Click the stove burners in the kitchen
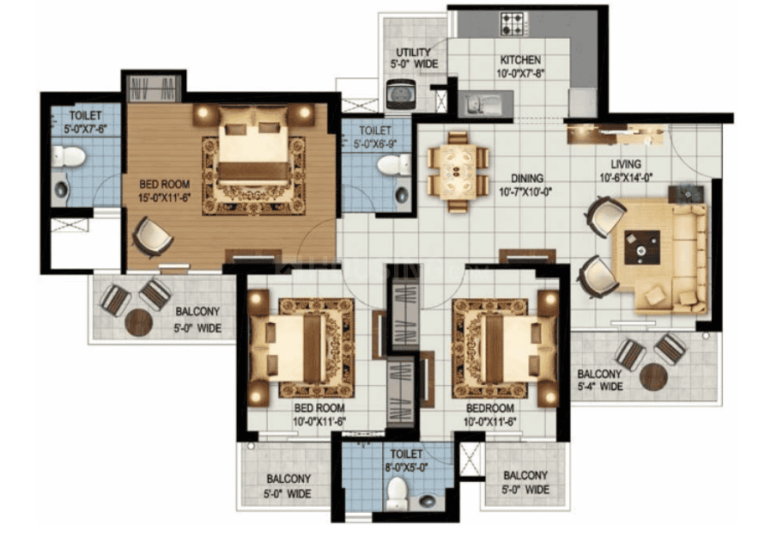tap(513, 24)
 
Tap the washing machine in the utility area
tap(401, 95)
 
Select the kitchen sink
tap(482, 103)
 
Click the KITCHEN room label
tap(520, 60)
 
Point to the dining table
tap(457, 171)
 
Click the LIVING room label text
tap(626, 164)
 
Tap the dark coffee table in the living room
tap(642, 247)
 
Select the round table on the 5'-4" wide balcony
tap(653, 376)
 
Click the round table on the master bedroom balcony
tap(139, 323)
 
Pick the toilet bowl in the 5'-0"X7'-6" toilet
tap(69, 157)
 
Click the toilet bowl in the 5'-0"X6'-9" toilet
tap(394, 165)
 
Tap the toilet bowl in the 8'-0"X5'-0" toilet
tap(397, 492)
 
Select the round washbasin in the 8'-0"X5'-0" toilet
tap(428, 501)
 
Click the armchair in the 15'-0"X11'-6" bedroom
tap(153, 236)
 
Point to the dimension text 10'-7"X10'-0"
tap(525, 192)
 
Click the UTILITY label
tap(413, 52)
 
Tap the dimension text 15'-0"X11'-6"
tap(164, 198)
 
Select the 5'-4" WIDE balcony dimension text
tap(600, 387)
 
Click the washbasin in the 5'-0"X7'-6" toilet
tap(61, 189)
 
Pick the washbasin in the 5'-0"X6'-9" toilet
tap(402, 195)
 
